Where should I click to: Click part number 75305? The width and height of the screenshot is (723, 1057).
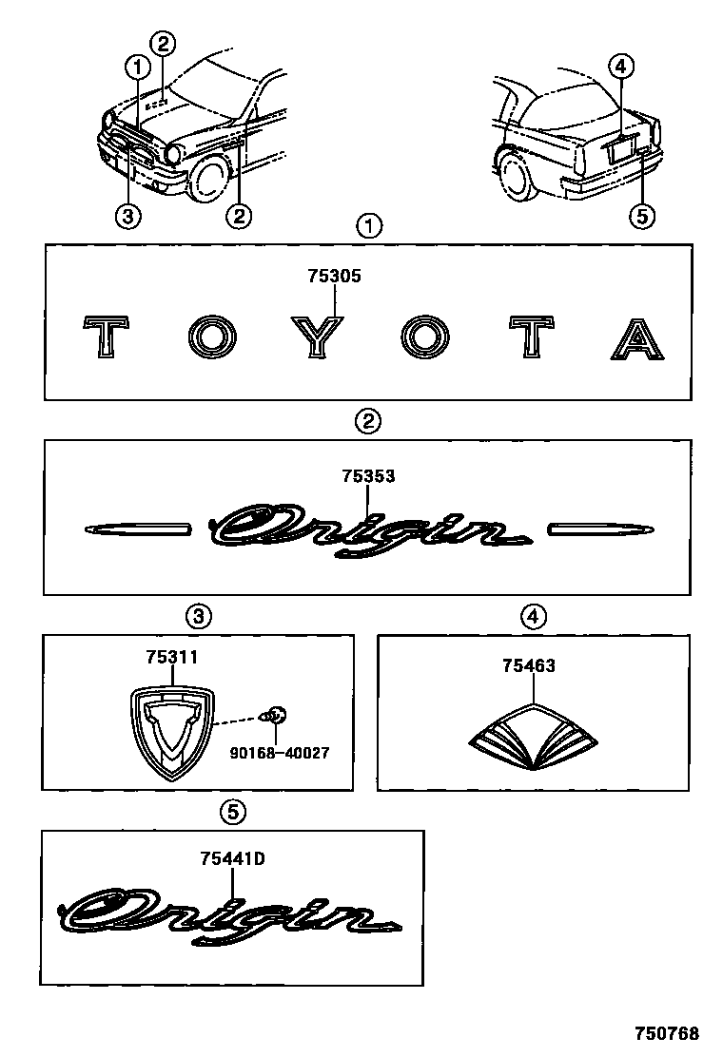click(x=334, y=277)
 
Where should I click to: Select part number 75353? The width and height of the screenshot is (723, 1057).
click(x=368, y=476)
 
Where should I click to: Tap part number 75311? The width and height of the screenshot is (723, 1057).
click(x=172, y=657)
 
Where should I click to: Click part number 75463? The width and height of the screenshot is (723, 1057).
click(x=529, y=666)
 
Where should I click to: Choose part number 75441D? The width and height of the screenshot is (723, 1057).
click(x=232, y=858)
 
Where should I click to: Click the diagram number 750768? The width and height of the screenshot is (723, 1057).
click(x=668, y=1033)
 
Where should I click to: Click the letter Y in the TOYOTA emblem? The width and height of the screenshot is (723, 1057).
click(x=320, y=338)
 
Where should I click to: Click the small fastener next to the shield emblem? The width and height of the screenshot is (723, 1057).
click(x=276, y=716)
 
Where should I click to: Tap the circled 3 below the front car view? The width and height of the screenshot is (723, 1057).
click(x=128, y=216)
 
